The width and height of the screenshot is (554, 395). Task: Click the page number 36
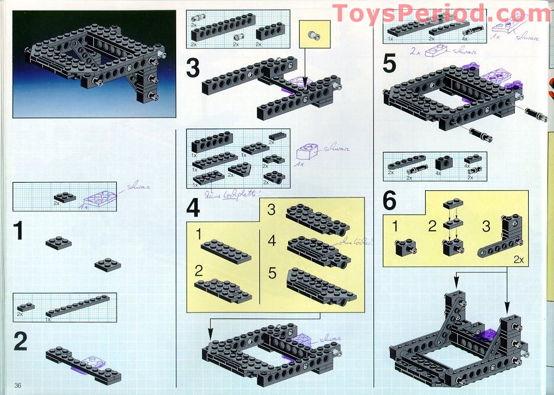pos(18,385)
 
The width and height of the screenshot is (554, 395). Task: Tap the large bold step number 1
pos(19,231)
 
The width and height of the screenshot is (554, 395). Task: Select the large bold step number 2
pos(20,342)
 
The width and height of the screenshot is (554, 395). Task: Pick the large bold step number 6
pos(389,201)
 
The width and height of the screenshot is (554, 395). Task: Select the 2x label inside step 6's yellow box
pos(517,259)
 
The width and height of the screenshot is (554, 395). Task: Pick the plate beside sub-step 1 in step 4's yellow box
pos(226,251)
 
